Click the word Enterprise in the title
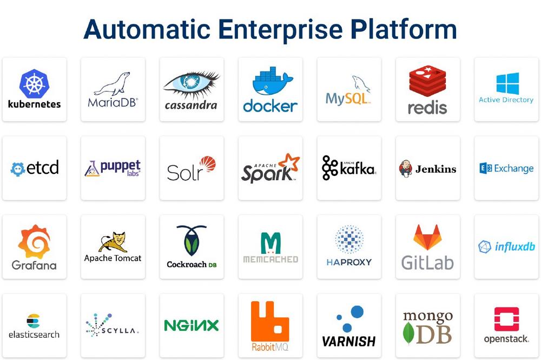click(x=280, y=30)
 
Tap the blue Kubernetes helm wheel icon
click(x=35, y=84)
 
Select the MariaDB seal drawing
click(x=113, y=84)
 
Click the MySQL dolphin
click(x=361, y=84)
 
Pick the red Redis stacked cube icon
click(x=427, y=82)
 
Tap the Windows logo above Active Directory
click(x=507, y=83)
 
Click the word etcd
click(x=43, y=167)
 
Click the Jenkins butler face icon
click(x=405, y=169)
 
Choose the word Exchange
click(x=514, y=169)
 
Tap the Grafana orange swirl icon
click(x=34, y=241)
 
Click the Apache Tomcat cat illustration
click(x=113, y=242)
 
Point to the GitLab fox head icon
click(x=427, y=237)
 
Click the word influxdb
click(x=515, y=247)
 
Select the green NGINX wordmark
click(x=192, y=325)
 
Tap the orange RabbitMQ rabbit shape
click(x=270, y=322)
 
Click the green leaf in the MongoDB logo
click(x=408, y=333)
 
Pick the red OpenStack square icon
click(x=506, y=319)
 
